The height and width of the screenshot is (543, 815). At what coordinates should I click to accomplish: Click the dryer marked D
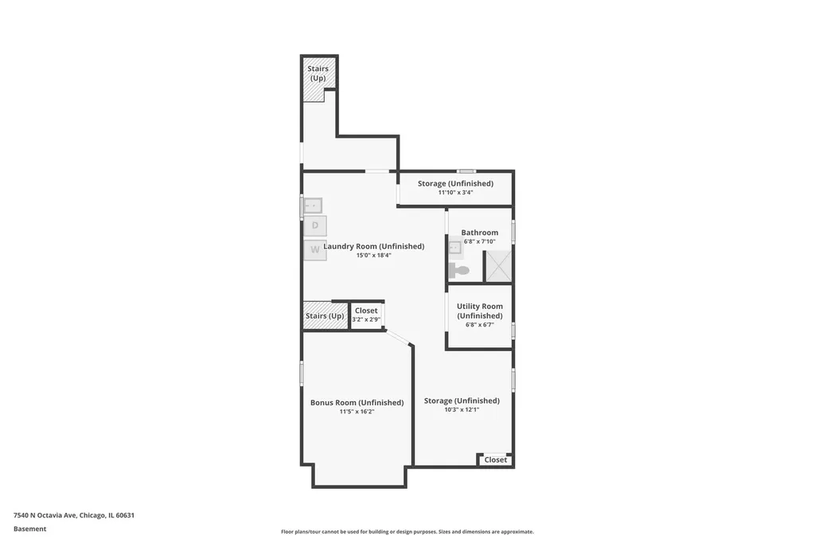[315, 226]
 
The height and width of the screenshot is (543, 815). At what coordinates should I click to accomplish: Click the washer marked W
[315, 250]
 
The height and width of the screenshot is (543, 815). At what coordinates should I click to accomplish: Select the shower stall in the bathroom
[498, 266]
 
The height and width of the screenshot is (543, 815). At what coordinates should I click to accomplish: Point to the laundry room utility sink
[313, 205]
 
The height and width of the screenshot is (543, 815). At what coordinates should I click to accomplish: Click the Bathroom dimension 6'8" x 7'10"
[479, 241]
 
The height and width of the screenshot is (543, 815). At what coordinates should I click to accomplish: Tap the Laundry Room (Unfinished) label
[374, 246]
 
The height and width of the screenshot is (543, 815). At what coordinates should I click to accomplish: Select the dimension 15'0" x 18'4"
[374, 256]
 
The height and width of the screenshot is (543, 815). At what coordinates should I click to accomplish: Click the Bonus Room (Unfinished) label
[357, 403]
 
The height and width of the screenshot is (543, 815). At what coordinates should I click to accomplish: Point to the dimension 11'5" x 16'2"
[357, 412]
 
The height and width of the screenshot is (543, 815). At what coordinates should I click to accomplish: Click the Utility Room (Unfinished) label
[480, 311]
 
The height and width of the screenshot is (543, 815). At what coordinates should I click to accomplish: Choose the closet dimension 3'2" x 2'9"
[366, 319]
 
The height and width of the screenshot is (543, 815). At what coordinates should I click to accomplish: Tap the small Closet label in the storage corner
[495, 459]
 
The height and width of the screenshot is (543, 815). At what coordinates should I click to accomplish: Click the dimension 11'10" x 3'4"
[455, 193]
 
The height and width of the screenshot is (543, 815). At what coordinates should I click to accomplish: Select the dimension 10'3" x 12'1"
[462, 409]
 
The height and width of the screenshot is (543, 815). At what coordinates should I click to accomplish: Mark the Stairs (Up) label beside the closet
[325, 316]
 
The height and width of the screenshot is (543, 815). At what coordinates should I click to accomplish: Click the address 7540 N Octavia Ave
[45, 515]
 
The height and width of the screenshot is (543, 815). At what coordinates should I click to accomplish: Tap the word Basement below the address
[29, 529]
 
